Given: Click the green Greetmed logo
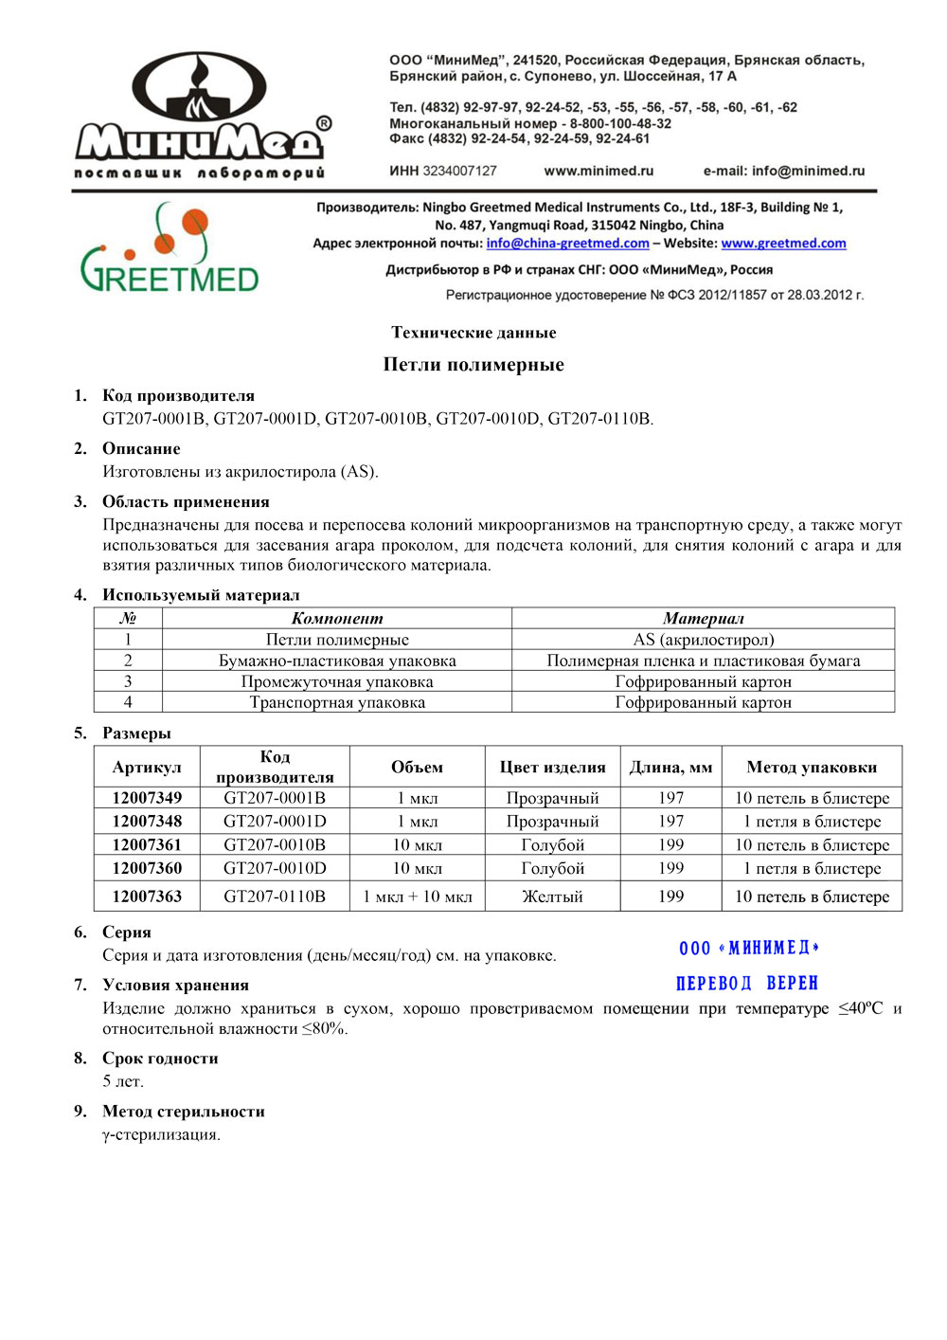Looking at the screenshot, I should click(x=170, y=248).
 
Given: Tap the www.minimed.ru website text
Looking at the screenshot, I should click(x=599, y=172).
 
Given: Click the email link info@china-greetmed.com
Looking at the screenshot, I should click(x=567, y=244).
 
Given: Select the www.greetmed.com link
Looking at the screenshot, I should click(x=783, y=244).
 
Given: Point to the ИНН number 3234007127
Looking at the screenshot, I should click(x=459, y=172).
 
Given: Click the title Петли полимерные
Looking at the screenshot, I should click(x=473, y=365).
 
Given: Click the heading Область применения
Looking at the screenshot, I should click(x=186, y=502).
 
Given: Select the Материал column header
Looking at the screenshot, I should click(x=703, y=619).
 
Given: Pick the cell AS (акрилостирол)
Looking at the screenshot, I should click(x=703, y=640).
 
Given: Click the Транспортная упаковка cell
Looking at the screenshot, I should click(x=337, y=702).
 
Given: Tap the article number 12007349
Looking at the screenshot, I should click(x=147, y=798).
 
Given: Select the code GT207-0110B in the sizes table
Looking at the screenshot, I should click(x=275, y=896).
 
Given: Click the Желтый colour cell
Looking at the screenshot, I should click(x=552, y=896).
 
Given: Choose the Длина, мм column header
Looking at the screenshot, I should click(x=670, y=768).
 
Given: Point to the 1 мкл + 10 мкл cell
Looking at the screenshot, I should click(x=418, y=896).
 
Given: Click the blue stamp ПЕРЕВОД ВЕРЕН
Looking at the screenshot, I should click(x=747, y=983).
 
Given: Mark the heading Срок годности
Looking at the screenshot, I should click(x=160, y=1059).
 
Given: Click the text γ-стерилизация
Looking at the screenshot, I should click(x=161, y=1134).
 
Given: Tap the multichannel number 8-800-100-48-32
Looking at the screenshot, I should click(x=620, y=123).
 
